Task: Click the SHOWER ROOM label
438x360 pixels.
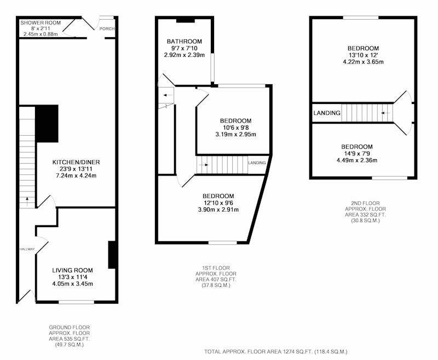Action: point(41,23)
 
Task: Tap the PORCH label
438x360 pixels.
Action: point(107,29)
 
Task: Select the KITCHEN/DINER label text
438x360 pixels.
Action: point(76,162)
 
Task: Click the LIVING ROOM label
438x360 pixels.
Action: point(72,270)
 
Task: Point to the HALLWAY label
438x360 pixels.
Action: point(27,249)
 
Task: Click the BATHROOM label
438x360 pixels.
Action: point(185,41)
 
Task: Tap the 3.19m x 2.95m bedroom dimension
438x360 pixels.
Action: point(236,134)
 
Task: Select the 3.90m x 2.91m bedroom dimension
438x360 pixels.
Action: point(218,210)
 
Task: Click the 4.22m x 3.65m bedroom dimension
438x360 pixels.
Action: point(363,62)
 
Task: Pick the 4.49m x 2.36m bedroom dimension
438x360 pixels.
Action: point(357,160)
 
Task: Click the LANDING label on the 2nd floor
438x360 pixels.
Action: point(327,113)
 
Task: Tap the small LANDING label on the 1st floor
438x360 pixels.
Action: point(257,162)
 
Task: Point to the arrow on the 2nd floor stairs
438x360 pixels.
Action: point(386,113)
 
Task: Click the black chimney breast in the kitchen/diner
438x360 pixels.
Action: point(47,124)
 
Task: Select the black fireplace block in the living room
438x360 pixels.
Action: point(112,255)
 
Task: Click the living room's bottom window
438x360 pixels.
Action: point(77,302)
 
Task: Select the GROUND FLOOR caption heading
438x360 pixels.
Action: point(70,327)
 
